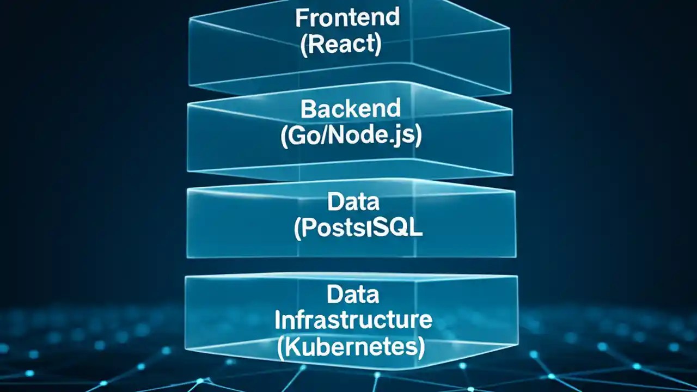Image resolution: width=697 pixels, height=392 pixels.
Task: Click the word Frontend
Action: tap(347, 17)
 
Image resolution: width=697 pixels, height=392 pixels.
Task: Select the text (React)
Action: tap(341, 45)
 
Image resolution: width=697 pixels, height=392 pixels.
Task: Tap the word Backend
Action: tap(351, 109)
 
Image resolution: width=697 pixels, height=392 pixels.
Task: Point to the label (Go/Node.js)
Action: tap(351, 137)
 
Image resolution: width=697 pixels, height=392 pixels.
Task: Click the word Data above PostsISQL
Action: tap(353, 202)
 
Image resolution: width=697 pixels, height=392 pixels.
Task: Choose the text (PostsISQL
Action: tap(358, 229)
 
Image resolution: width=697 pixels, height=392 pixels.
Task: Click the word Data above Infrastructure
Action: tap(353, 295)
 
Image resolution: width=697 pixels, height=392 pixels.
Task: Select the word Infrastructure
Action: tap(353, 320)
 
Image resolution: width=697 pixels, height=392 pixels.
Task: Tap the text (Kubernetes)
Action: tap(351, 348)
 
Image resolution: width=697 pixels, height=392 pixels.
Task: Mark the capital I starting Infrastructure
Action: tap(278, 320)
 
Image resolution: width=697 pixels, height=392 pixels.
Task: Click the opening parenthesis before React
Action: tap(304, 45)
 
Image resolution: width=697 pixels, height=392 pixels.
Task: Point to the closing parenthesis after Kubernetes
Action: tap(421, 348)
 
